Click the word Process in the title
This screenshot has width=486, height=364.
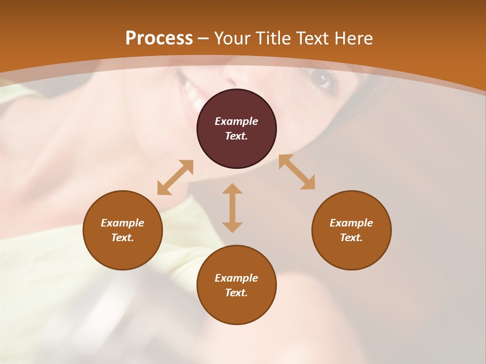tap(159, 38)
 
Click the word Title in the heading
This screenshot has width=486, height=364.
tap(274, 38)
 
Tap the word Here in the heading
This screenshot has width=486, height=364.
tap(353, 38)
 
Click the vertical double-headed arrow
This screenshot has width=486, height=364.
tap(232, 208)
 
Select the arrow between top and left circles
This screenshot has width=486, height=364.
tap(175, 177)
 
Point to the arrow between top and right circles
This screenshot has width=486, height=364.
tap(297, 172)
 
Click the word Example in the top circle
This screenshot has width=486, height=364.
tap(236, 121)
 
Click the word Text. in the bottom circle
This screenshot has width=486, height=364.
tap(236, 293)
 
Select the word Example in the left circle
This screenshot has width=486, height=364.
tap(123, 223)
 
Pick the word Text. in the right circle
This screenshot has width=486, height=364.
tap(351, 238)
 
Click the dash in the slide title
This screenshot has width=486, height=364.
tap(203, 38)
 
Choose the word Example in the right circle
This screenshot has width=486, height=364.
tap(351, 223)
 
